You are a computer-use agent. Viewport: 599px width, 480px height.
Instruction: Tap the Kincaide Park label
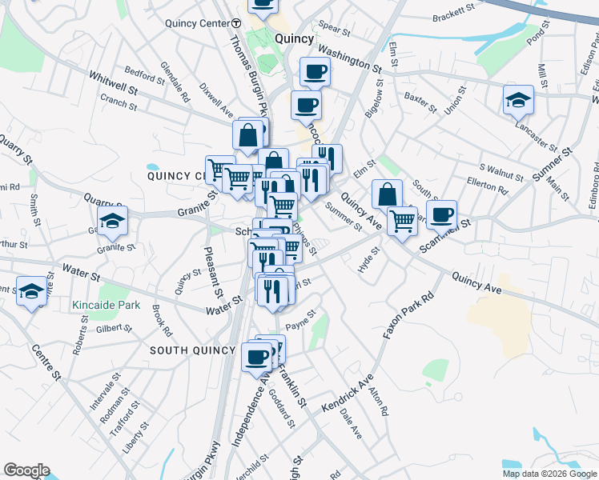coord(106,305)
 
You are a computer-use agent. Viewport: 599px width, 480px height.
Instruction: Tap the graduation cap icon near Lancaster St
coord(518,100)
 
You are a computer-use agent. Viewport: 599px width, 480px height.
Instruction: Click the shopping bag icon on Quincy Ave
coord(388,194)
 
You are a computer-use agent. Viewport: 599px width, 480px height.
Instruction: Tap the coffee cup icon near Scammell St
coord(441,214)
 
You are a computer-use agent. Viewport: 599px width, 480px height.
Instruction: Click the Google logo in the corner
coord(26,470)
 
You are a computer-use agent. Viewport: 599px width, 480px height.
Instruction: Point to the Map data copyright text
coord(549,474)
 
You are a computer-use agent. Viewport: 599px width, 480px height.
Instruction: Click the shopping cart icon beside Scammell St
coord(402,220)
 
